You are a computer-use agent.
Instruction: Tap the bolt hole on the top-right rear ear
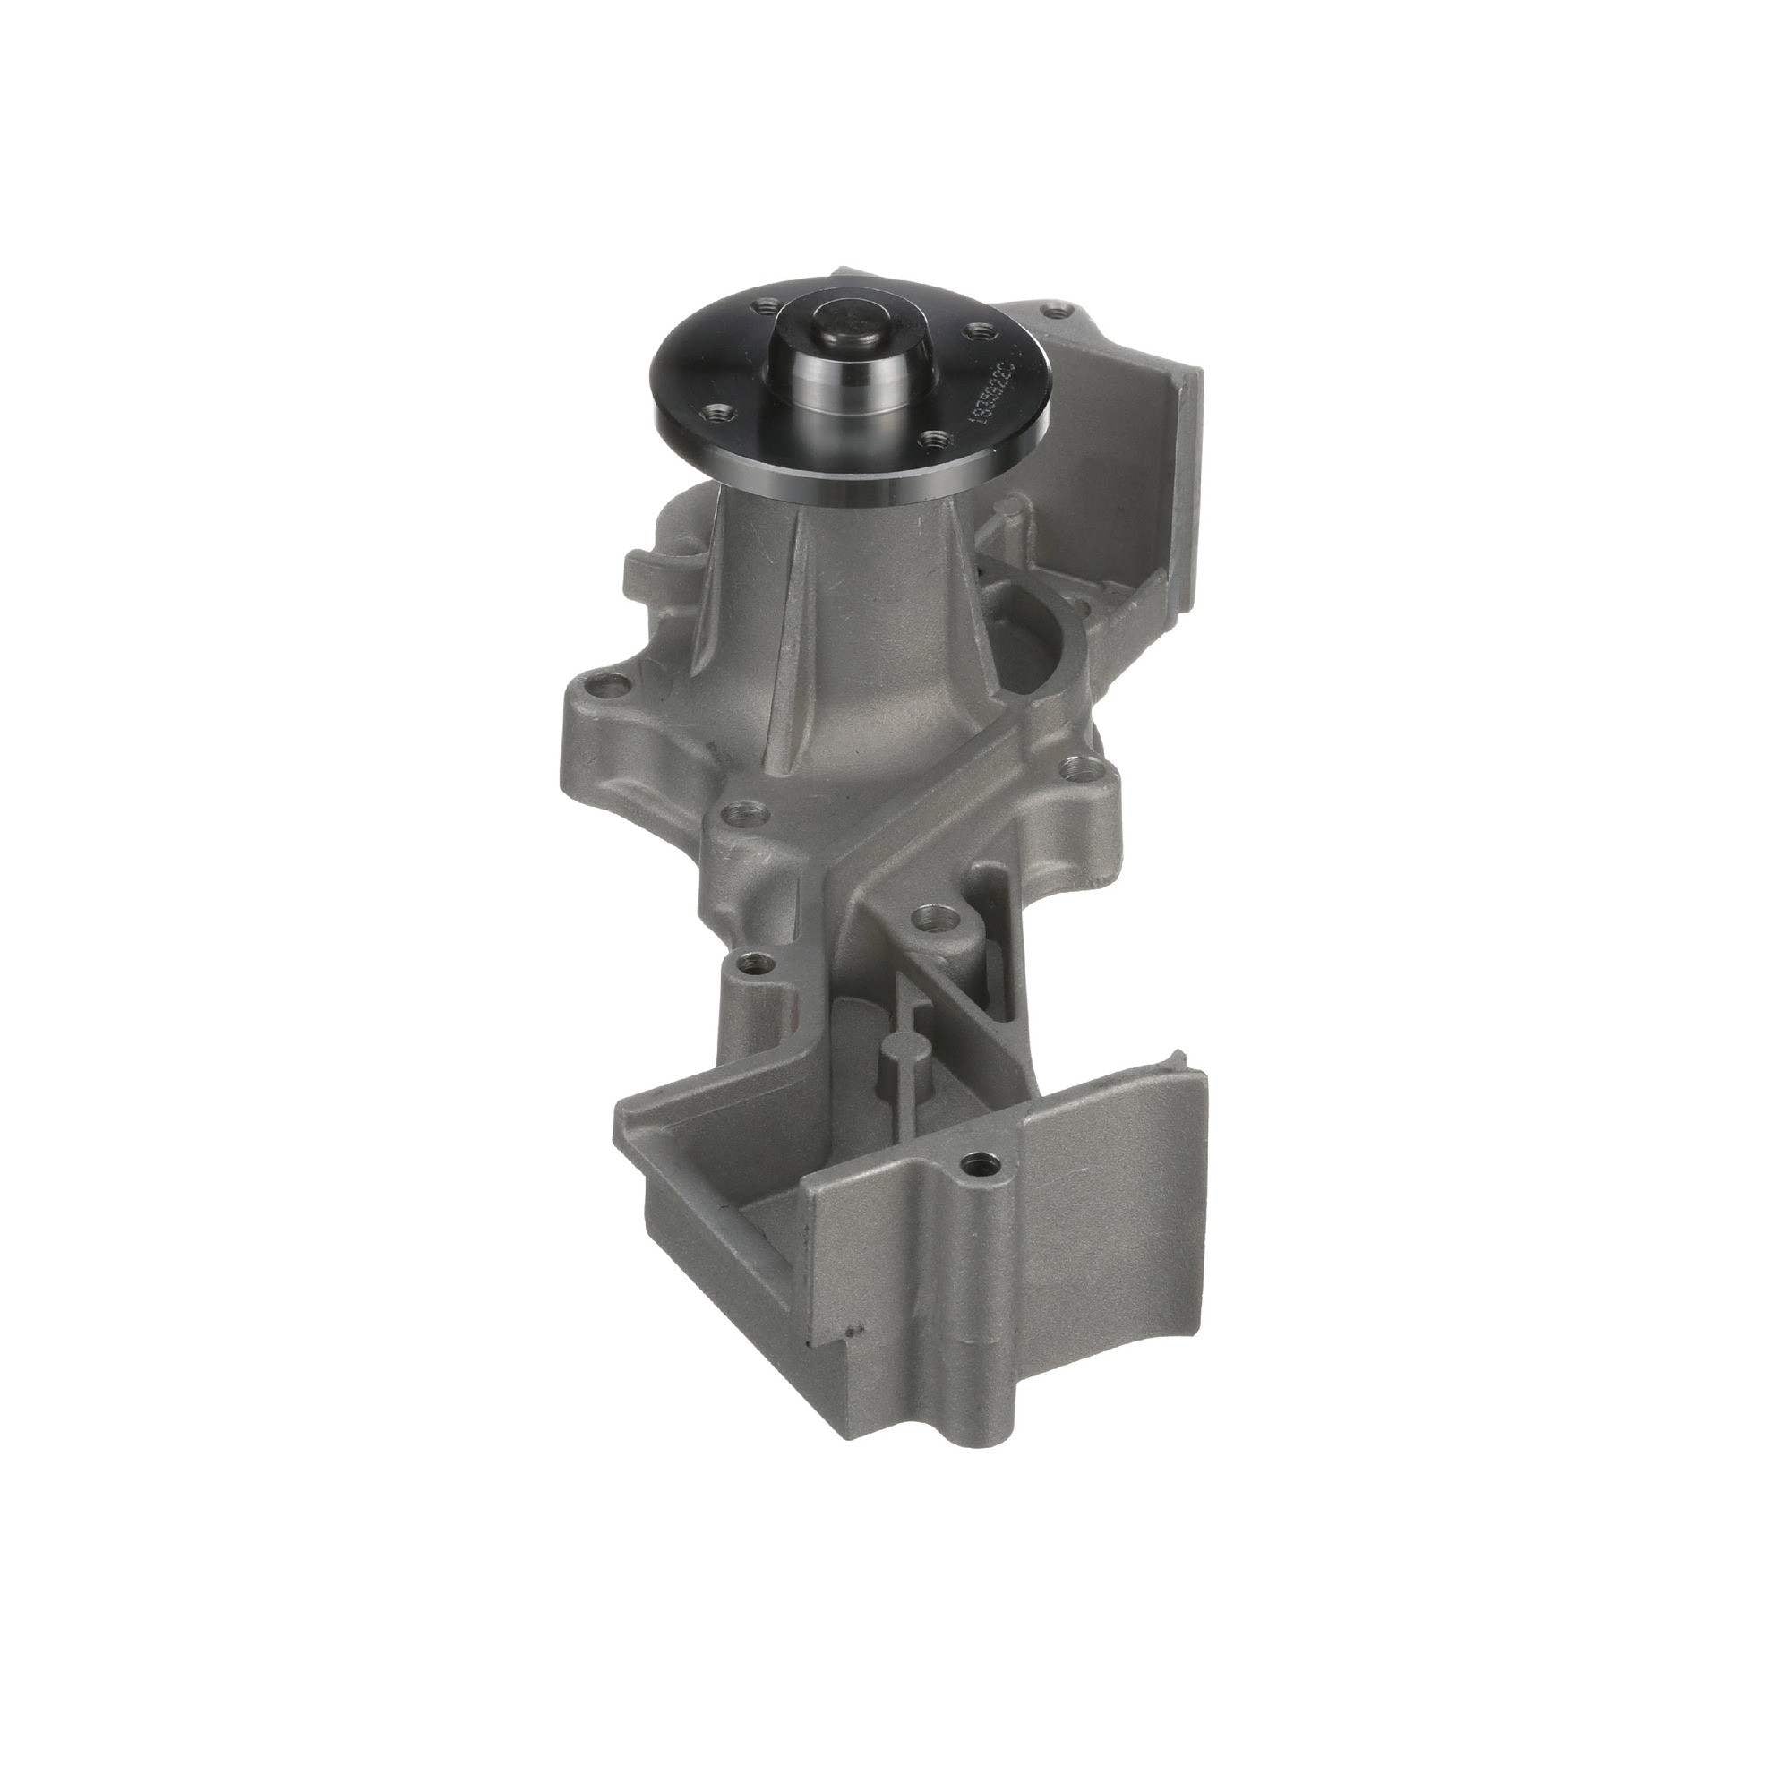(1050, 313)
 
